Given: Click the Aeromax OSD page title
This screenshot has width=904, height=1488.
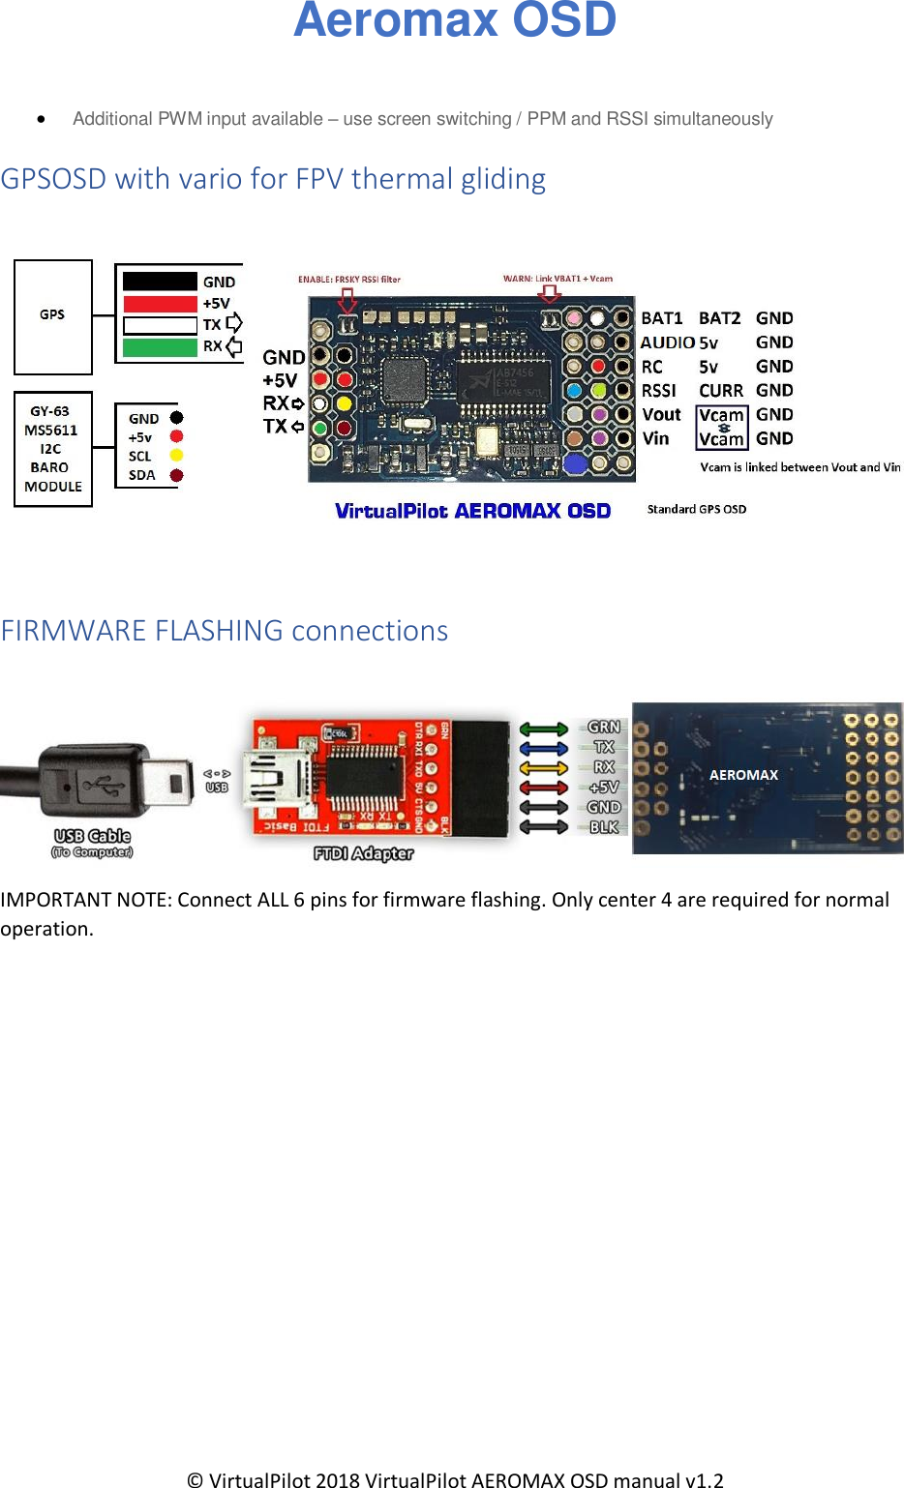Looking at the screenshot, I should pos(455,20).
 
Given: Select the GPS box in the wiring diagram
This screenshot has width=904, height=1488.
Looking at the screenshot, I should pos(53,315).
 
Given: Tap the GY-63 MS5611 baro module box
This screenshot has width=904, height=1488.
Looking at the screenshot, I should pos(53,449).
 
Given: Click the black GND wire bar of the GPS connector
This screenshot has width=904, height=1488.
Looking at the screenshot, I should pos(160,282).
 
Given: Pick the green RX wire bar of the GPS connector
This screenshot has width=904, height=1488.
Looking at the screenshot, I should pos(160,347).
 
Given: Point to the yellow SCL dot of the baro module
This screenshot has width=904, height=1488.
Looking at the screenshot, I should pos(176,456).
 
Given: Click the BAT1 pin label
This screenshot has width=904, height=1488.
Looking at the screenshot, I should pos(662,318).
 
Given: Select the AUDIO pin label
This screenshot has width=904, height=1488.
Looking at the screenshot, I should pos(667,342).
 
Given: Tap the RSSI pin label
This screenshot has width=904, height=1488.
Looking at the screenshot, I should pos(659,391).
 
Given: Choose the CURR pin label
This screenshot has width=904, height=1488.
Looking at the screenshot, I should pos(721,391).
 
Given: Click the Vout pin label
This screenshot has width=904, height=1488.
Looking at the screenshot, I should pos(662,415).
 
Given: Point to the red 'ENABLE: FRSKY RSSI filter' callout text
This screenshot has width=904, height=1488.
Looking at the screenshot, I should pos(349,280).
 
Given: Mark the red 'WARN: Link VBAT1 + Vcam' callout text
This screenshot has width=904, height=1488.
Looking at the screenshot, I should pos(557,279).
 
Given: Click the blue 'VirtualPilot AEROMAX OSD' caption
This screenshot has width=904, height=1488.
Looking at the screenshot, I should pos(472,511).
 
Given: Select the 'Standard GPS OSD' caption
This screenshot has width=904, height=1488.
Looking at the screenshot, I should pos(697,509).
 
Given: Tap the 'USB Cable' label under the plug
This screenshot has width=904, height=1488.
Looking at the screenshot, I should pos(92,836).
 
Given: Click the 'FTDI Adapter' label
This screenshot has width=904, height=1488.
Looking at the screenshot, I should pos(364,853).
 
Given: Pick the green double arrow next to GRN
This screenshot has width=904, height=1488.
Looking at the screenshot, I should pos(544,729).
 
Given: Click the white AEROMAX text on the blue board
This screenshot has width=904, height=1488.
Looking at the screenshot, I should pos(743,775).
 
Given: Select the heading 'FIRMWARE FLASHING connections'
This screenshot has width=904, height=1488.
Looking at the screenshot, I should pos(225,631).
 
